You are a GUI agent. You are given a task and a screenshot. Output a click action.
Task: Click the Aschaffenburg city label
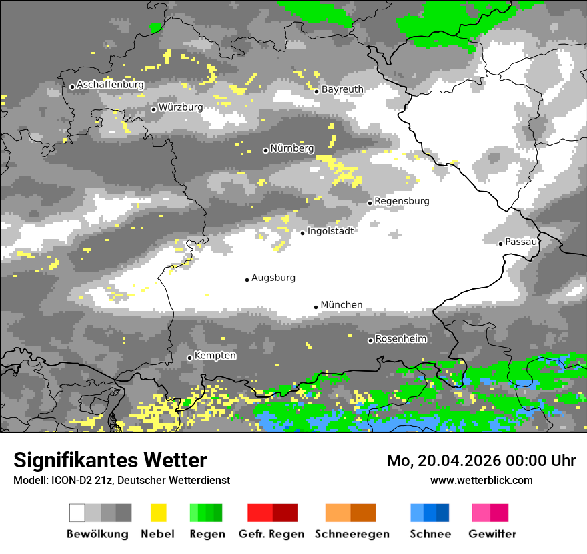point(110,85)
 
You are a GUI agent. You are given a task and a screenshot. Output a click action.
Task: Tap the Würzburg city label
point(181,107)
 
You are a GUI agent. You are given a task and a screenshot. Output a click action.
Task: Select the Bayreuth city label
point(342,89)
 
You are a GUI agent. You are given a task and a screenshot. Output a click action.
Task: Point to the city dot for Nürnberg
point(265,150)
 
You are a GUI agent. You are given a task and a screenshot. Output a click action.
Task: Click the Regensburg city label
point(402,201)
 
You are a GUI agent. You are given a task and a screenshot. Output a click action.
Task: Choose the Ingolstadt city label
point(330,231)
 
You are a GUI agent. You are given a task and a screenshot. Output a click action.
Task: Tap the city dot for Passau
point(500,244)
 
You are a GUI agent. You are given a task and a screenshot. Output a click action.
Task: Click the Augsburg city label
point(273,278)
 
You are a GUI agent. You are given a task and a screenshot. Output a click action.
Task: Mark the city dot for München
point(316,307)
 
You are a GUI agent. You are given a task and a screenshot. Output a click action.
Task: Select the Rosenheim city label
point(400,339)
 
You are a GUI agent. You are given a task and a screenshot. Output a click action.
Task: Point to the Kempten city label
point(215,356)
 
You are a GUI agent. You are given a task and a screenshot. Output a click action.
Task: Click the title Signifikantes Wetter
point(110,460)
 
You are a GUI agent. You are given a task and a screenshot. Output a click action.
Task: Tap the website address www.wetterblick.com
point(482,480)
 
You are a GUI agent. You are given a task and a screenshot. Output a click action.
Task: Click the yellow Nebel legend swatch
point(158,513)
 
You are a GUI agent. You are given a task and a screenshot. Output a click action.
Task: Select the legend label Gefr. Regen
point(271,534)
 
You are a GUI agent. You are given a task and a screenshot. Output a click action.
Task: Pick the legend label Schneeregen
point(352,534)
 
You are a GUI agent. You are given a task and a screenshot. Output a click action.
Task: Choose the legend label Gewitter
point(492,534)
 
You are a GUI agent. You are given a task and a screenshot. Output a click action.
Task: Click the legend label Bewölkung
point(97,534)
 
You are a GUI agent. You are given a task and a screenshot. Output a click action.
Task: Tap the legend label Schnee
point(430,534)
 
